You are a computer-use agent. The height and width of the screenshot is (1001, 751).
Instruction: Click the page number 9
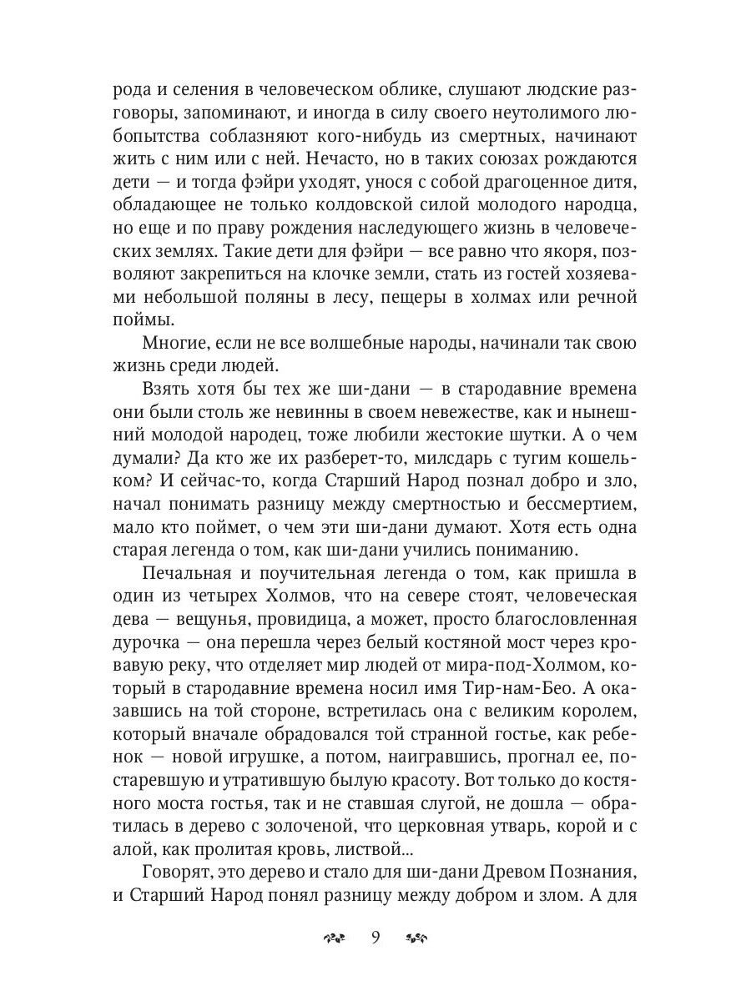pos(375,938)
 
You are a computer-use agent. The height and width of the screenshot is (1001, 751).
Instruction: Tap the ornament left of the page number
pos(334,938)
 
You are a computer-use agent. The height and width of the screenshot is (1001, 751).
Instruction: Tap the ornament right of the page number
pos(416,938)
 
